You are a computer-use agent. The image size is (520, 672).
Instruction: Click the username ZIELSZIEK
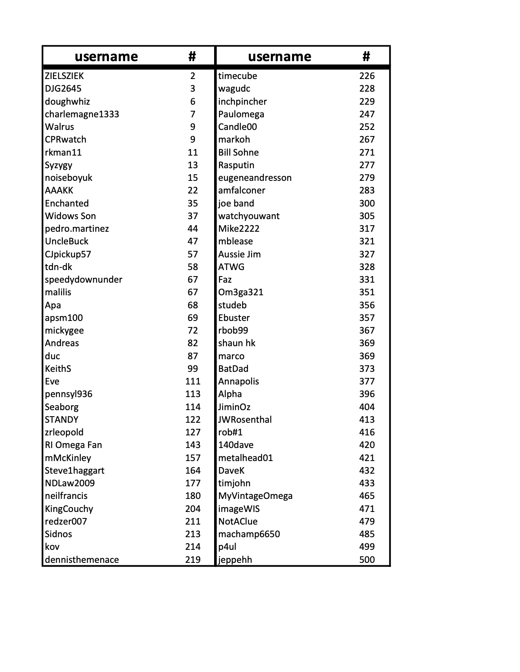tap(64, 76)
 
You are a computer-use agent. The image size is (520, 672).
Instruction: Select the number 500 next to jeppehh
tap(367, 560)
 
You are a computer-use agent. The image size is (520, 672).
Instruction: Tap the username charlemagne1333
tap(82, 114)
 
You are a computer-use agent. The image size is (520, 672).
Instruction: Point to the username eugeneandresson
tap(255, 178)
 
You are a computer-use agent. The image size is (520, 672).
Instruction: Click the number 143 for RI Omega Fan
tap(193, 445)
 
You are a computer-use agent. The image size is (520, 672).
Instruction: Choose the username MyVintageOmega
tap(255, 496)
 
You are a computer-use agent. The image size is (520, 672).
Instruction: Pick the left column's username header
tap(106, 56)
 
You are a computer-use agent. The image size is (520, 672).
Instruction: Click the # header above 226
tap(366, 56)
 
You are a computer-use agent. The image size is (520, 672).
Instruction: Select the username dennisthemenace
tap(82, 560)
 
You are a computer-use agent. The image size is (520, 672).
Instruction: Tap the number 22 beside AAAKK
tap(193, 191)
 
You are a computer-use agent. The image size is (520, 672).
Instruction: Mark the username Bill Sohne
tap(239, 152)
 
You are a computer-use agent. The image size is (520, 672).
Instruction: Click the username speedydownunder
tap(84, 280)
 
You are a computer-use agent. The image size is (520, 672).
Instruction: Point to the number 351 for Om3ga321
tap(367, 292)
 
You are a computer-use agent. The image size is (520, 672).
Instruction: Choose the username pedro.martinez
tap(77, 229)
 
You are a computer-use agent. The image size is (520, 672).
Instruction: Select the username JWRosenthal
tap(245, 420)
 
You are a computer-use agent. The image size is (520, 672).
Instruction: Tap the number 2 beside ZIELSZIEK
tap(193, 76)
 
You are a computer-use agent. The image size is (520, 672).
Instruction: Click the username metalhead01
tap(246, 458)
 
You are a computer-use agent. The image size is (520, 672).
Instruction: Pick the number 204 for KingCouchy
tap(193, 509)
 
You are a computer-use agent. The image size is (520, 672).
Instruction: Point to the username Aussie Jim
tap(239, 254)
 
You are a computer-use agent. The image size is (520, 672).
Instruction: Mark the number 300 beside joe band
tap(367, 203)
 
